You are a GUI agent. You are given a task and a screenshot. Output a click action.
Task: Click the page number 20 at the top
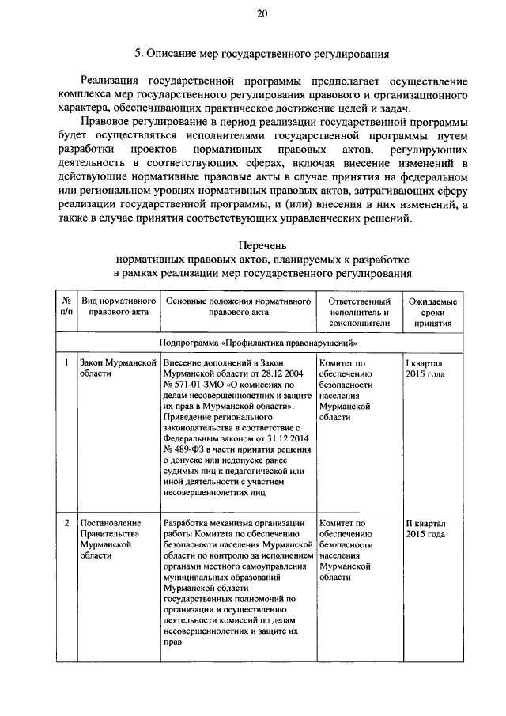262,13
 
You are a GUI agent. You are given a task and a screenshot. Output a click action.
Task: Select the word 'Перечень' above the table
262,247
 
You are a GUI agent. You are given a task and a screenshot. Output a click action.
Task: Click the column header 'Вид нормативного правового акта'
115,307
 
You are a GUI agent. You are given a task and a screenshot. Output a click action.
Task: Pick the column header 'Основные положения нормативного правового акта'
236,307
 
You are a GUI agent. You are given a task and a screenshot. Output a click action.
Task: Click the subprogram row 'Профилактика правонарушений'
262,343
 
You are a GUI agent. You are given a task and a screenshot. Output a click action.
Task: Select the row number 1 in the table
66,362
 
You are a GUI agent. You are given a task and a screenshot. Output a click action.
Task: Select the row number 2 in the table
66,524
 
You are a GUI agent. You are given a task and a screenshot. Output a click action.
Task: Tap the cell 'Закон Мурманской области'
115,368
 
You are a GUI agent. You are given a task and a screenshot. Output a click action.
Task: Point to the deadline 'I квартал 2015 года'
425,368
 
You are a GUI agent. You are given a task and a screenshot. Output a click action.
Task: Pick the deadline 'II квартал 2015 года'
425,529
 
